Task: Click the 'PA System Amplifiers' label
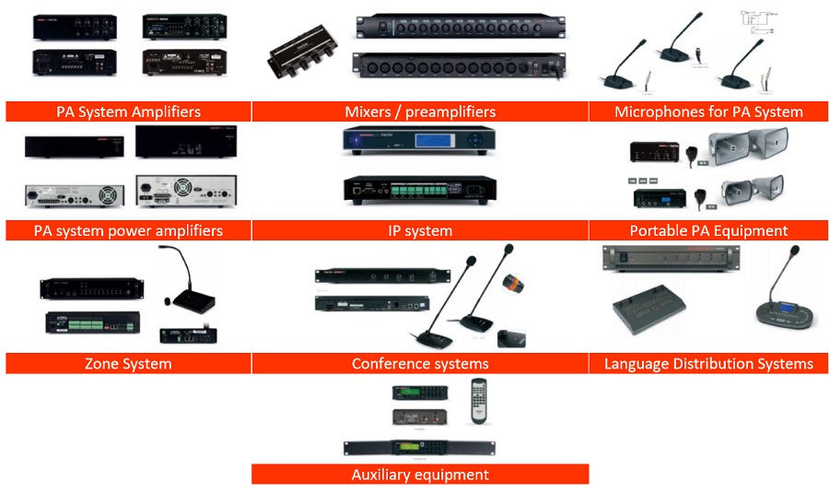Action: tap(128, 111)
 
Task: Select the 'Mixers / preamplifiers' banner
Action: tap(420, 111)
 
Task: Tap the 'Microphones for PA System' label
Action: tap(708, 111)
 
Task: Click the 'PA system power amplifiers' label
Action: tap(128, 230)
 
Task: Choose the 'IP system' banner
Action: tap(420, 230)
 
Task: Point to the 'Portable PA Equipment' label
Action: tap(708, 230)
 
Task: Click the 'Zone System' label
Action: tap(128, 363)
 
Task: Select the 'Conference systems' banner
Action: tap(420, 363)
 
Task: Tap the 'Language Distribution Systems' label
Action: tap(708, 363)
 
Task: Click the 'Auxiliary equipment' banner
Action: tap(420, 474)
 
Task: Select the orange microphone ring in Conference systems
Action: tap(512, 287)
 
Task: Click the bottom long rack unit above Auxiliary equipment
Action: tap(420, 449)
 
